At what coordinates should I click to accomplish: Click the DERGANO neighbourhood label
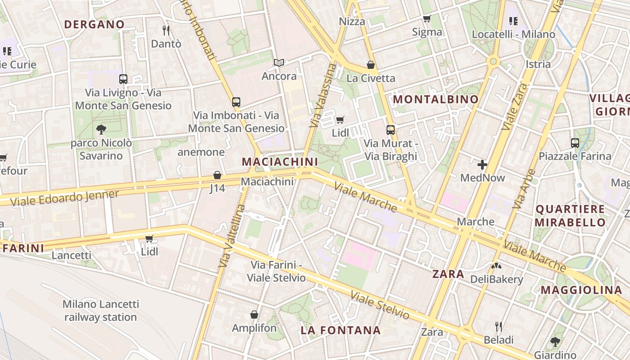pyautogui.click(x=94, y=24)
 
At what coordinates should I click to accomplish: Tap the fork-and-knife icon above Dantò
pyautogui.click(x=166, y=30)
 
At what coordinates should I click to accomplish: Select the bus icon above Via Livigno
pyautogui.click(x=123, y=79)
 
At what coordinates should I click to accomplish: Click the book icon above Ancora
pyautogui.click(x=279, y=63)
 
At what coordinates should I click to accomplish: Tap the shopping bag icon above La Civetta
pyautogui.click(x=371, y=65)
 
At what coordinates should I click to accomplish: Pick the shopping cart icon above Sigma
pyautogui.click(x=427, y=18)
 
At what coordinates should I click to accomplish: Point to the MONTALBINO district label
pyautogui.click(x=436, y=99)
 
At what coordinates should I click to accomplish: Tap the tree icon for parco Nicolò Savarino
pyautogui.click(x=101, y=130)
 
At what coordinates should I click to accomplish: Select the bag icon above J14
pyautogui.click(x=217, y=175)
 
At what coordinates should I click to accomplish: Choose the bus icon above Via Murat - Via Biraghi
pyautogui.click(x=391, y=130)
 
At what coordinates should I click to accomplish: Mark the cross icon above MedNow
pyautogui.click(x=482, y=164)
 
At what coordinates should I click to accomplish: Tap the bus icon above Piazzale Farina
pyautogui.click(x=575, y=143)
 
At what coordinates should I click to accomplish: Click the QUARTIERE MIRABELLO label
pyautogui.click(x=570, y=216)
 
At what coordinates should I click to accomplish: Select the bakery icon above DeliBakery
pyautogui.click(x=496, y=266)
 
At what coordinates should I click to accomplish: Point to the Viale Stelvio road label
pyautogui.click(x=380, y=306)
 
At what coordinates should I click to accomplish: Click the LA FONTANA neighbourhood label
pyautogui.click(x=341, y=330)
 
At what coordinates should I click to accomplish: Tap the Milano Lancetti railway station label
pyautogui.click(x=100, y=310)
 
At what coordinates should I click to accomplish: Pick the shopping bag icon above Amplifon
pyautogui.click(x=254, y=315)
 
